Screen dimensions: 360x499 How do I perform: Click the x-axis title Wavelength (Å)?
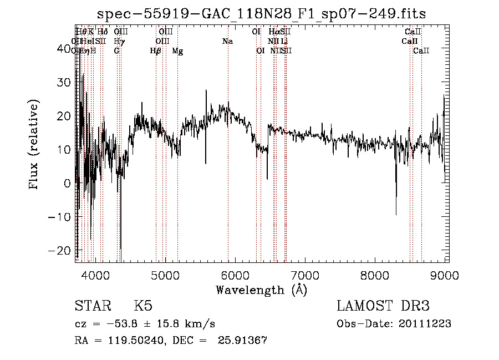pyautogui.click(x=261, y=290)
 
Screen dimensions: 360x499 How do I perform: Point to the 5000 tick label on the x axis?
pyautogui.click(x=165, y=275)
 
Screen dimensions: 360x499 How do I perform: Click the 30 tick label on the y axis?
pyautogui.click(x=65, y=82)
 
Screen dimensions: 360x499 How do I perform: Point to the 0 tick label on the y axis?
pyautogui.click(x=68, y=183)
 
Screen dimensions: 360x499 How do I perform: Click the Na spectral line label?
pyautogui.click(x=227, y=41)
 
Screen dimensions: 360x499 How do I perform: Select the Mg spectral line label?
pyautogui.click(x=177, y=51)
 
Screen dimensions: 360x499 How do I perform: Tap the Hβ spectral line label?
pyautogui.click(x=156, y=51)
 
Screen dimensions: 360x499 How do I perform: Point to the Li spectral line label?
pyautogui.click(x=284, y=41)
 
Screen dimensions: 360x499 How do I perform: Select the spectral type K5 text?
pyautogui.click(x=143, y=307)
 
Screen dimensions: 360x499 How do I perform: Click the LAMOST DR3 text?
pyautogui.click(x=383, y=307)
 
